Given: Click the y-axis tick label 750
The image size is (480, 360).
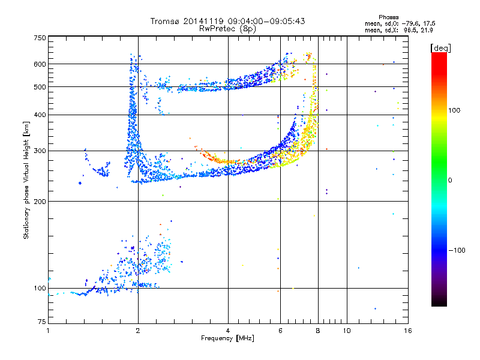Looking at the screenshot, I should [40, 38].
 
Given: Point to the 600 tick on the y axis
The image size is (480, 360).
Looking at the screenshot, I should [40, 64].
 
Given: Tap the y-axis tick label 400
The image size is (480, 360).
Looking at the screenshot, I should [40, 115].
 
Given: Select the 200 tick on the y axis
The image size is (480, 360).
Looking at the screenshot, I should [40, 202].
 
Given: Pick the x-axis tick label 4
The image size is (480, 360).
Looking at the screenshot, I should [228, 331].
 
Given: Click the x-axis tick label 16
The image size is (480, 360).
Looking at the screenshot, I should [407, 331].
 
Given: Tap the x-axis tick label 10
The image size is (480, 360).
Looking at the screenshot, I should [347, 331].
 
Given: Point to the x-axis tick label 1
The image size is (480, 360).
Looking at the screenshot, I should [49, 331].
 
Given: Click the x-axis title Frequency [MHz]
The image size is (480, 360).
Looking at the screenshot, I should [227, 339].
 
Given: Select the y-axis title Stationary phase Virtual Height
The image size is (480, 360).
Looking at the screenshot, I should [26, 180].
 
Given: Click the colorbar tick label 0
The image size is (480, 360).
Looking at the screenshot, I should [451, 181].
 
